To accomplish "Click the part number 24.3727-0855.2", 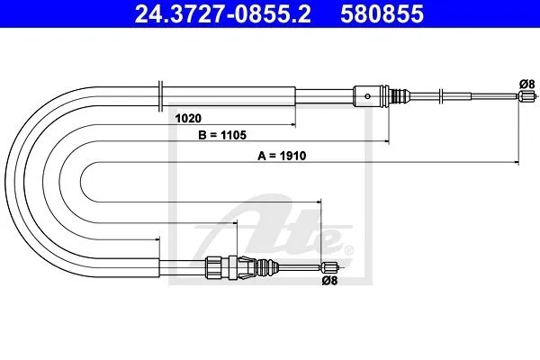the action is (222, 14).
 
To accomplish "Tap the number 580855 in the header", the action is (382, 14).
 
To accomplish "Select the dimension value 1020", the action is (188, 118).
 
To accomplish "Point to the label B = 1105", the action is (222, 135).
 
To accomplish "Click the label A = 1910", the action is (282, 156).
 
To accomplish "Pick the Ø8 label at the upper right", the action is (526, 84).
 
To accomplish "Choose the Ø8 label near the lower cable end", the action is (329, 281).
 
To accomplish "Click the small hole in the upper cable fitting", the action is (367, 96).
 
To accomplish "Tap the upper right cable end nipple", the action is (526, 96).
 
